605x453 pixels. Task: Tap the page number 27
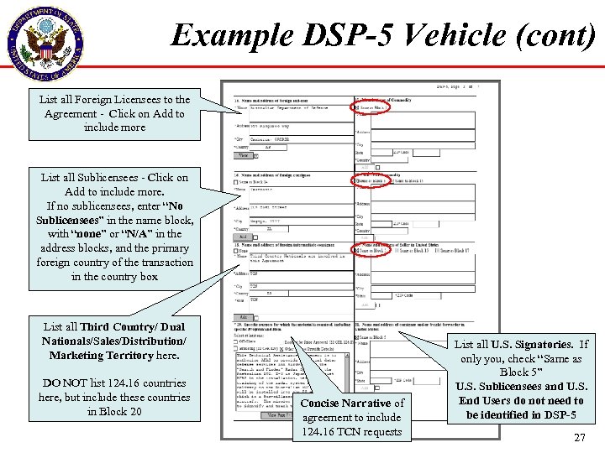pos(579,437)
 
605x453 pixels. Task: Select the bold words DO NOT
pos(61,383)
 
